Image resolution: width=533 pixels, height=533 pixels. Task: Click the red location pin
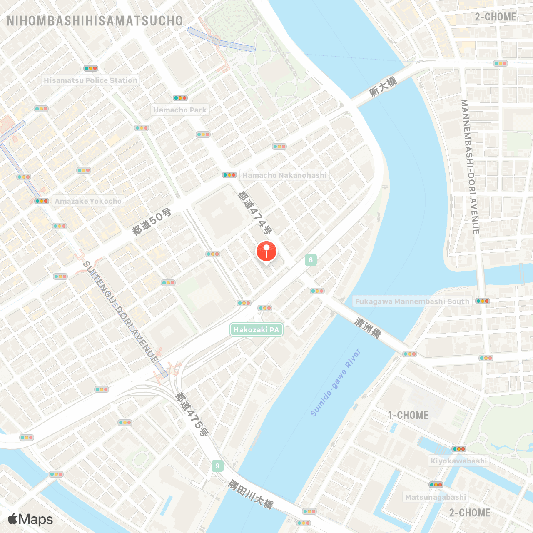point(266,251)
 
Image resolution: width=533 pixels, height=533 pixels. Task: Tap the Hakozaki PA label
point(257,330)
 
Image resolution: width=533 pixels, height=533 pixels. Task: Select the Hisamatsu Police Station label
point(90,80)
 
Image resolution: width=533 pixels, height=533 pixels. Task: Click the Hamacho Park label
point(180,110)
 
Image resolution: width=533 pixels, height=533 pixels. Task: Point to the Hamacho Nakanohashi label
point(284,175)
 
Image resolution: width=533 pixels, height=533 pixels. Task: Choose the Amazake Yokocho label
point(88,201)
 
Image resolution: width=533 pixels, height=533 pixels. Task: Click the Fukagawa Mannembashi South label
point(412,301)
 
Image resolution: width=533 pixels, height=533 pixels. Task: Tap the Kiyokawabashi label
point(458,461)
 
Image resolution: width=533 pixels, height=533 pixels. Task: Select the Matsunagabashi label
point(436,497)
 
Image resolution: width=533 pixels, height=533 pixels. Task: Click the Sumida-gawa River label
point(336,383)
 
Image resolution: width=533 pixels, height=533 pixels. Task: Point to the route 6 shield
point(311,260)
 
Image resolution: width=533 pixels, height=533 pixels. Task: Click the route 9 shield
point(217,466)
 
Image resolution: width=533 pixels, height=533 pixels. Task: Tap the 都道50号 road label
point(152,222)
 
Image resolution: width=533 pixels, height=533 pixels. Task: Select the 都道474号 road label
point(255,212)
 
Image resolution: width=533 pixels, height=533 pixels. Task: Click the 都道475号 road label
point(191,414)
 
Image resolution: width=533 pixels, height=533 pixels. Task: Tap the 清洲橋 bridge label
point(368,327)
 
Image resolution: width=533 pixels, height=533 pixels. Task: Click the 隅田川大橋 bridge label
point(251,494)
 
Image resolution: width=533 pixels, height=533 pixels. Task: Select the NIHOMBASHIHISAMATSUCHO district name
point(95,21)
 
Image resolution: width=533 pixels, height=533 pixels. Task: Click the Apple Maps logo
point(30,519)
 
